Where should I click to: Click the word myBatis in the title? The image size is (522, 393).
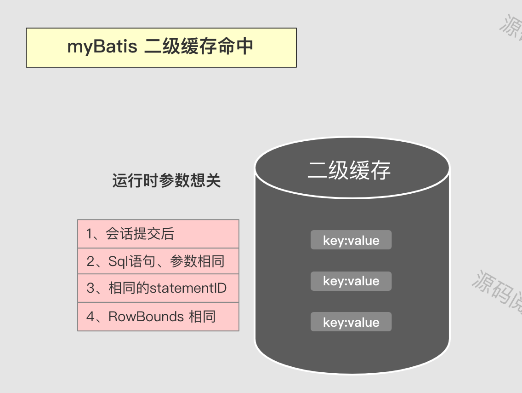102,47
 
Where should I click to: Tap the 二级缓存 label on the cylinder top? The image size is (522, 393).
349,170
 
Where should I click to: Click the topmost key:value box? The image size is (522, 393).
351,240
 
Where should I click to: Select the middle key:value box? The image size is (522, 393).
351,281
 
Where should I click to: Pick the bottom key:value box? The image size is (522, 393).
351,322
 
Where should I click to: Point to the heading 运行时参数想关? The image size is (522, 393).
166,181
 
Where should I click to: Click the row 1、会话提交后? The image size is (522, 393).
158,234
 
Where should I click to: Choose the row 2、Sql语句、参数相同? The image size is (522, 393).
158,261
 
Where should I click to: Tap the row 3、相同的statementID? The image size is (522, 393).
158,289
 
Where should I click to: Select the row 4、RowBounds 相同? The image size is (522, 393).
158,317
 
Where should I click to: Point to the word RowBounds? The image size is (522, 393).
146,317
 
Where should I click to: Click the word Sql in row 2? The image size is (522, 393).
119,261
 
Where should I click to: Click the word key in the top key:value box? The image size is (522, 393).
332,241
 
